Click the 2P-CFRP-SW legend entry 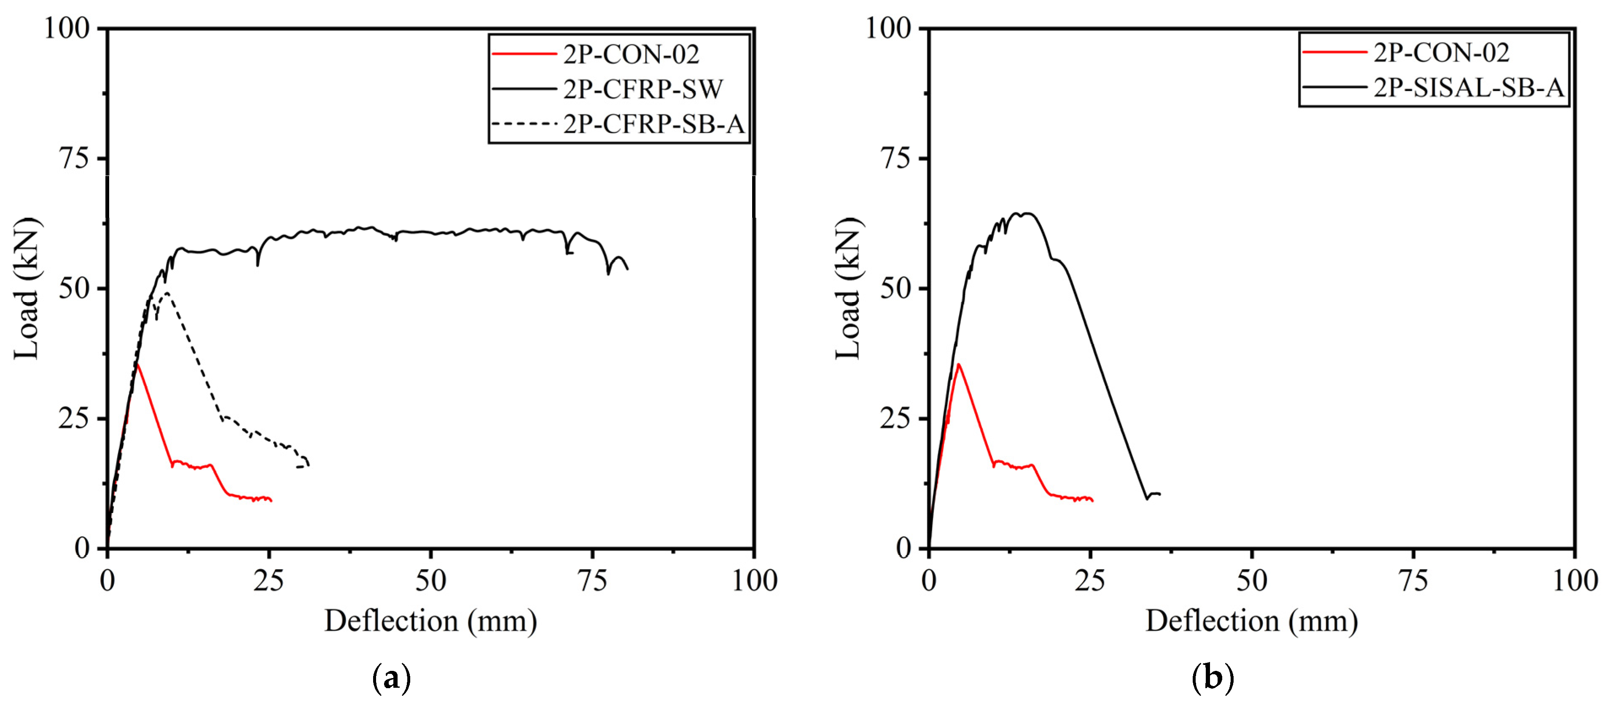(643, 89)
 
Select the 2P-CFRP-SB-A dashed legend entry (652, 124)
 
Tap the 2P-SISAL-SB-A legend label (1468, 88)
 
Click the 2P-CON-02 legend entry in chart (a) (630, 54)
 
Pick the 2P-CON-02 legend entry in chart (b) (1441, 53)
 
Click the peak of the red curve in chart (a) (137, 363)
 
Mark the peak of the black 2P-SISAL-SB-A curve (1027, 213)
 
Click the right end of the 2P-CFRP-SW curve (627, 269)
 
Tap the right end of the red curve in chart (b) (1092, 500)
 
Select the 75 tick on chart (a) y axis (74, 158)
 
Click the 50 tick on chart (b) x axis (1251, 581)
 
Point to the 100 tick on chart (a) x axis (754, 581)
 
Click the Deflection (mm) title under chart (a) (430, 622)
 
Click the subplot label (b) (1212, 678)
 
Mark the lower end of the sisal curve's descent (1147, 498)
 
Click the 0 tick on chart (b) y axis (903, 549)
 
